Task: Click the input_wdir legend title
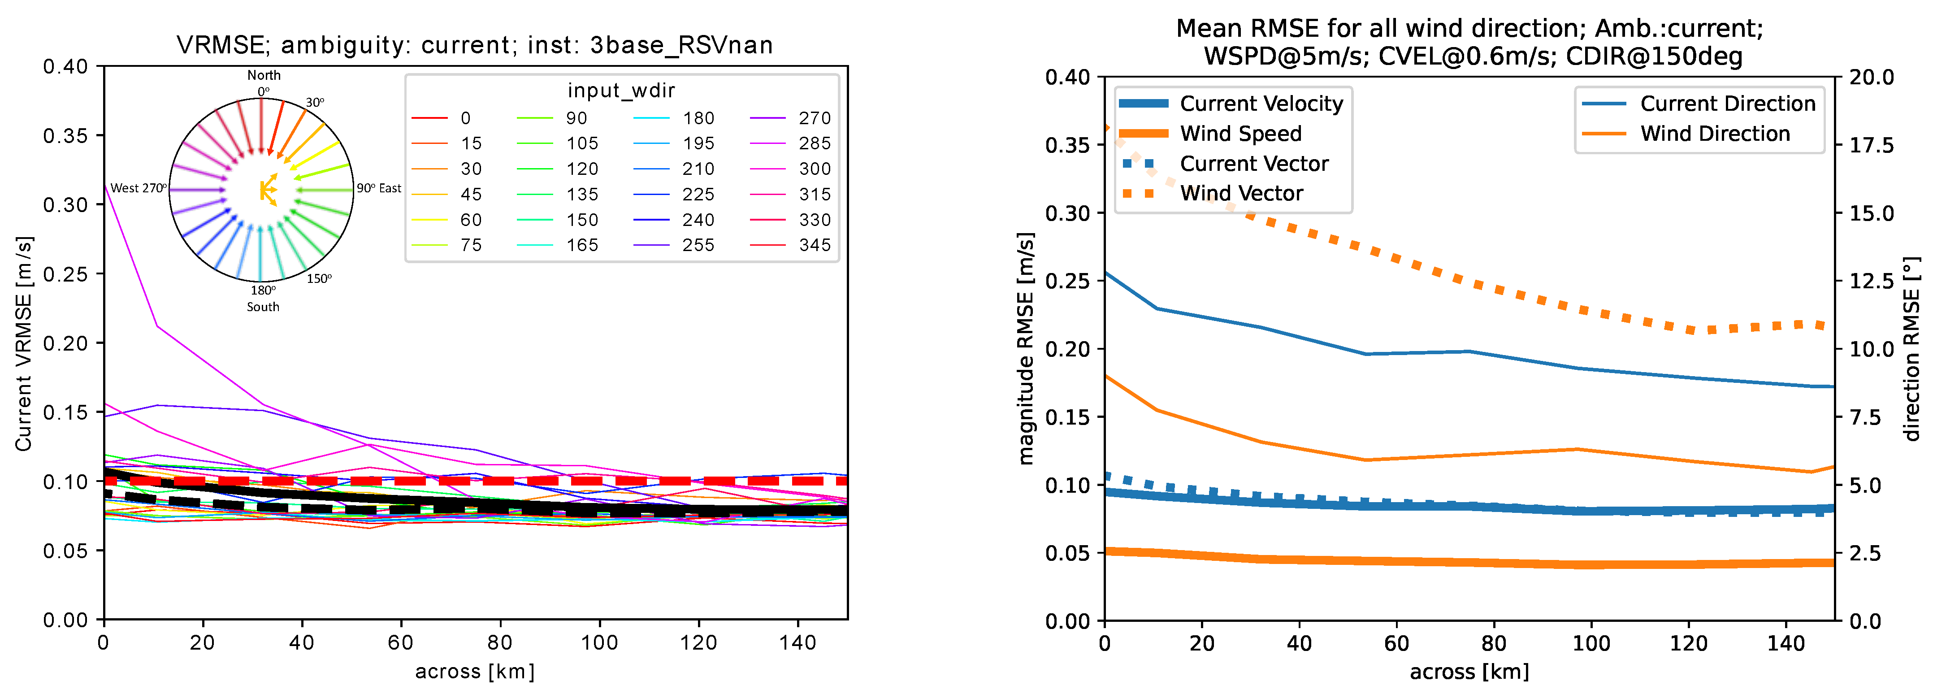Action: click(x=621, y=91)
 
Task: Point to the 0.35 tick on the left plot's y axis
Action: click(x=65, y=136)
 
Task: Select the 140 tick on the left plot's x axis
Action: click(x=797, y=643)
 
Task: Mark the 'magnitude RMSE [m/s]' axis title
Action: click(x=1026, y=348)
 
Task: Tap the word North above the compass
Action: click(x=264, y=75)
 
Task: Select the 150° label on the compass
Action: click(x=319, y=278)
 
